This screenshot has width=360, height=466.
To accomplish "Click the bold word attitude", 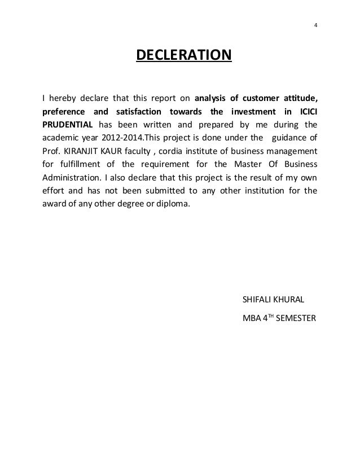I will click(297, 94).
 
